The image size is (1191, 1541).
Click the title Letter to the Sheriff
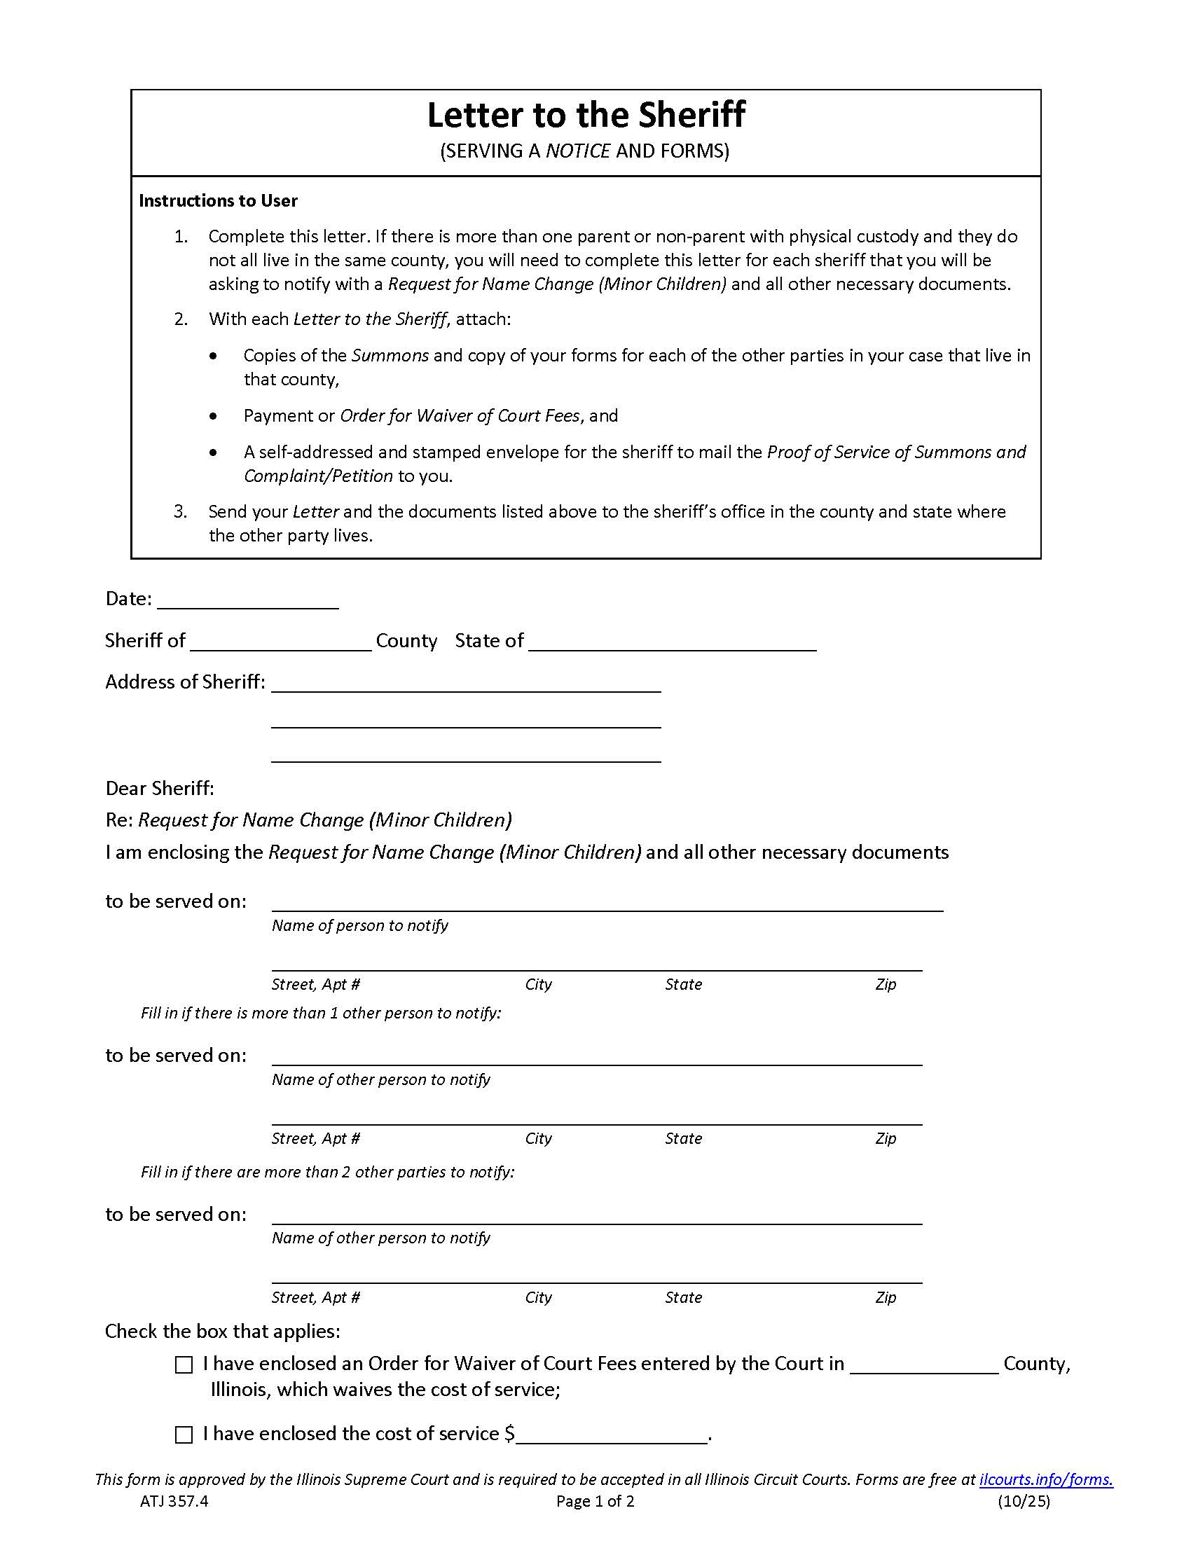click(x=586, y=115)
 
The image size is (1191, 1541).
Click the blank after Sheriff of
click(x=280, y=642)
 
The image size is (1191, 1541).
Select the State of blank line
click(x=672, y=642)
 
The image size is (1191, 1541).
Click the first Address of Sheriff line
click(x=466, y=683)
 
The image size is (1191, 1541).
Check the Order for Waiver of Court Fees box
click(x=184, y=1364)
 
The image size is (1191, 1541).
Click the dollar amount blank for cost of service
click(x=611, y=1435)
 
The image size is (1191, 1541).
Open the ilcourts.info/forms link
click(x=1045, y=1479)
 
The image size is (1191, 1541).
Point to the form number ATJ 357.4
click(x=174, y=1501)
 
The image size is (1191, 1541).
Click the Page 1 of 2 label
click(x=595, y=1501)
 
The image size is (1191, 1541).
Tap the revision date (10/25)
click(x=1023, y=1501)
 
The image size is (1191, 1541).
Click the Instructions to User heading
click(x=218, y=200)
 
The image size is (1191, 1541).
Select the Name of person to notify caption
click(x=360, y=925)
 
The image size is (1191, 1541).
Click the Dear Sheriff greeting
click(x=160, y=788)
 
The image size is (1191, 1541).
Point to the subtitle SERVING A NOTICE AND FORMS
click(x=584, y=151)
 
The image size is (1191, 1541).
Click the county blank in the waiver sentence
click(x=923, y=1364)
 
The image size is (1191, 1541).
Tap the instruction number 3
click(x=181, y=511)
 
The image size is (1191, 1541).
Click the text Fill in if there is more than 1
click(x=320, y=1014)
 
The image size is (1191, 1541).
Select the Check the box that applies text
click(x=222, y=1331)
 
